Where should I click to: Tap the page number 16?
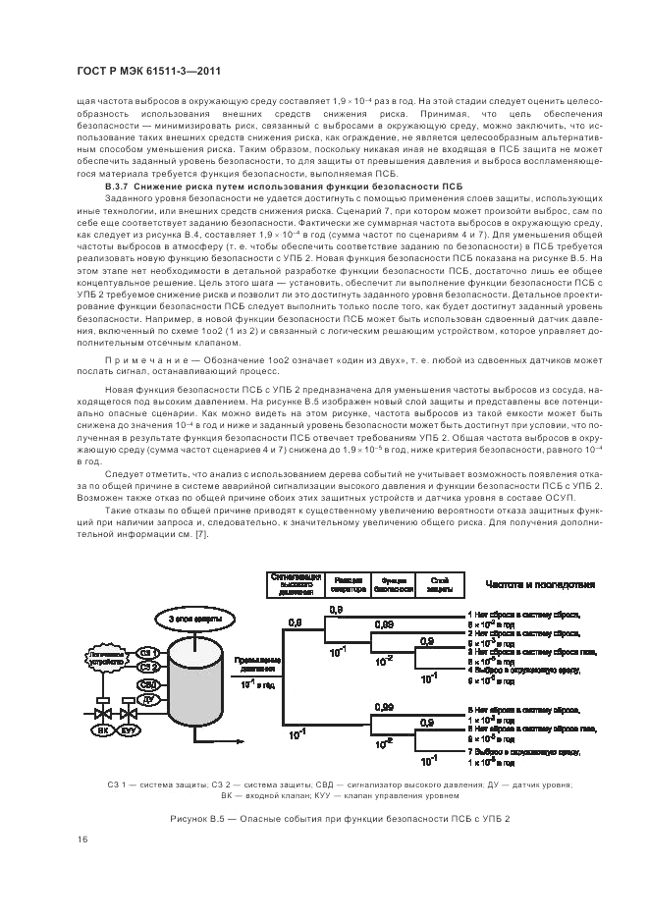point(83,838)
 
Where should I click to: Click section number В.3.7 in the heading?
point(118,186)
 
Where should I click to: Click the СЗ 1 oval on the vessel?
point(146,652)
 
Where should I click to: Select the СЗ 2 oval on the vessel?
point(147,667)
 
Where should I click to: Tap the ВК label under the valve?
point(102,730)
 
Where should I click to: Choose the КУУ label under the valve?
point(130,730)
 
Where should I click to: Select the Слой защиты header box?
point(439,585)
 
